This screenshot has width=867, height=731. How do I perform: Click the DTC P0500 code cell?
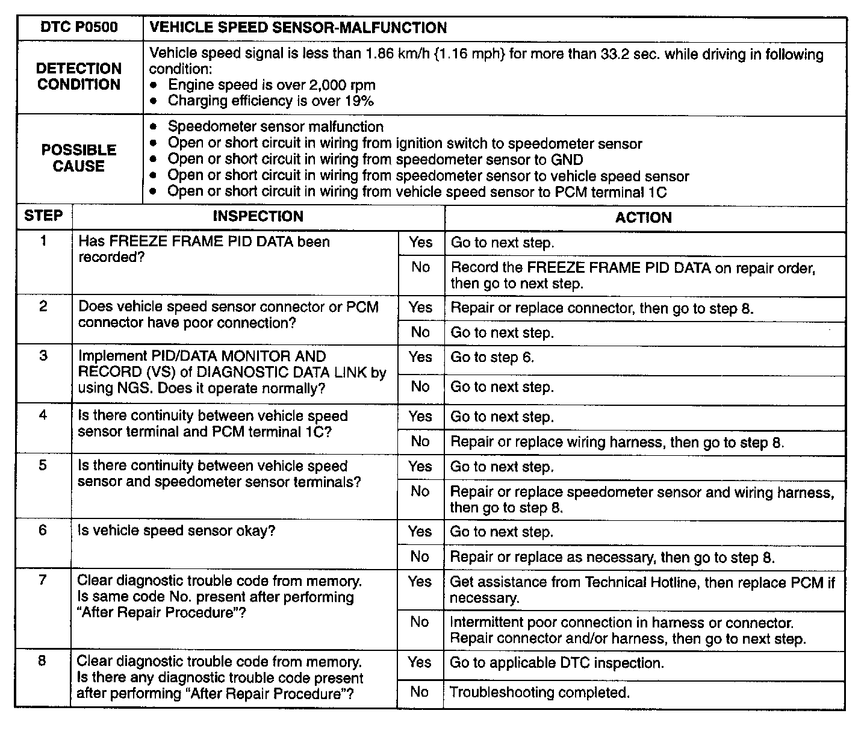(x=79, y=28)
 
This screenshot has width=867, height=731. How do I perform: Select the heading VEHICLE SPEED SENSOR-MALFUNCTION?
(x=298, y=28)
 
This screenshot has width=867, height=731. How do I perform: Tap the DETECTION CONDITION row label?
(x=79, y=76)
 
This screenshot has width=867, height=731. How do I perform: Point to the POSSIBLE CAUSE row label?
(x=79, y=158)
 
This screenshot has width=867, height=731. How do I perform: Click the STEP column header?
(x=43, y=216)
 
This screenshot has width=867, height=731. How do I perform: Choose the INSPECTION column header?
(x=258, y=216)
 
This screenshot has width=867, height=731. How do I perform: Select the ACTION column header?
(x=643, y=217)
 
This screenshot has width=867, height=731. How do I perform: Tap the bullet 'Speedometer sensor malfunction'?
(x=275, y=127)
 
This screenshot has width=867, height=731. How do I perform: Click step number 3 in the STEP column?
(x=43, y=356)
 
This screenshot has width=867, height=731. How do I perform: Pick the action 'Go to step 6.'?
(x=492, y=357)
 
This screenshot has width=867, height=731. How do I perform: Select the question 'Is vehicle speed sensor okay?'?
(x=176, y=531)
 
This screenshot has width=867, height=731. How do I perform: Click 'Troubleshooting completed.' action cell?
(x=539, y=692)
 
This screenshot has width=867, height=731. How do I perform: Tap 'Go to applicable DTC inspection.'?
(x=556, y=663)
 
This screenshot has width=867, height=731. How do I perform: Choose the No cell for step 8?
(x=420, y=692)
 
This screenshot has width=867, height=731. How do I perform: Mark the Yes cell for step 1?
(x=420, y=242)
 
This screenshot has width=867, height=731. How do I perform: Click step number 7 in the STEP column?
(x=42, y=580)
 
